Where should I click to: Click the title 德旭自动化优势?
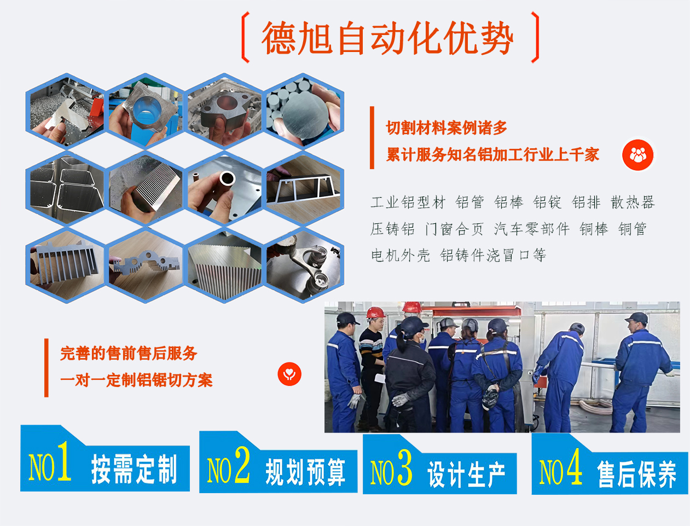point(387,38)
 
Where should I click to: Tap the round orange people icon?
point(637,155)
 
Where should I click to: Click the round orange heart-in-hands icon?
point(289,374)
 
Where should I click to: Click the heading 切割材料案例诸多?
point(447,128)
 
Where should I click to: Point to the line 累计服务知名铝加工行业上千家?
point(492,155)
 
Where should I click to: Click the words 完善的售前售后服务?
point(129,354)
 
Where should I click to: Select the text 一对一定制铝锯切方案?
point(136,380)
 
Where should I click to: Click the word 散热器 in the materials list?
point(633,203)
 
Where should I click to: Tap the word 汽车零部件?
point(531,229)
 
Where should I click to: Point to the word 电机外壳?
point(400,255)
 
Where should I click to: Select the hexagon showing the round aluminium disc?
point(304,111)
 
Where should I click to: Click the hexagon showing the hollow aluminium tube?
point(225,188)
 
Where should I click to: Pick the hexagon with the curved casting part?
point(304,265)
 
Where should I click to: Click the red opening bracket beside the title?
point(246,37)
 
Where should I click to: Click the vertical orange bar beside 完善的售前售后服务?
point(47,367)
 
